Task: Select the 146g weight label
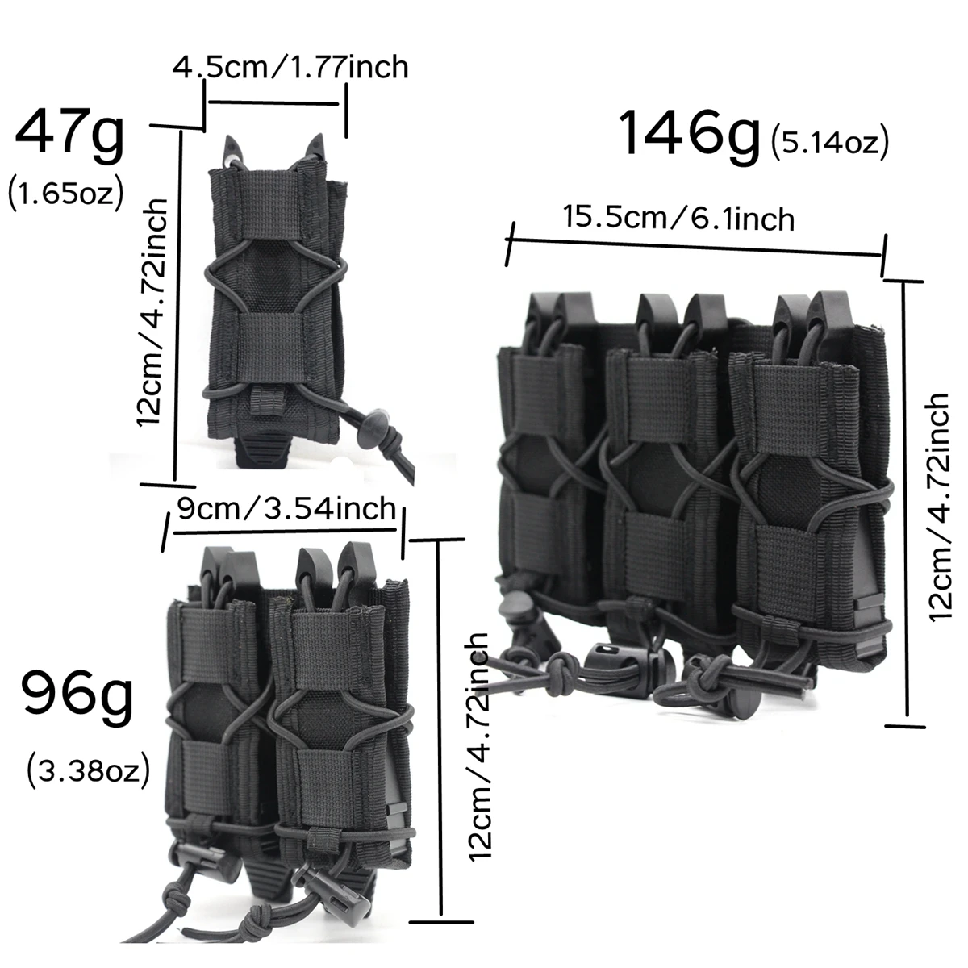point(690,134)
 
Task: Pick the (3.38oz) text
point(88,770)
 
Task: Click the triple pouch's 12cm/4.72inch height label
point(940,507)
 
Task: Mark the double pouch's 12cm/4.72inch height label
point(479,746)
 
